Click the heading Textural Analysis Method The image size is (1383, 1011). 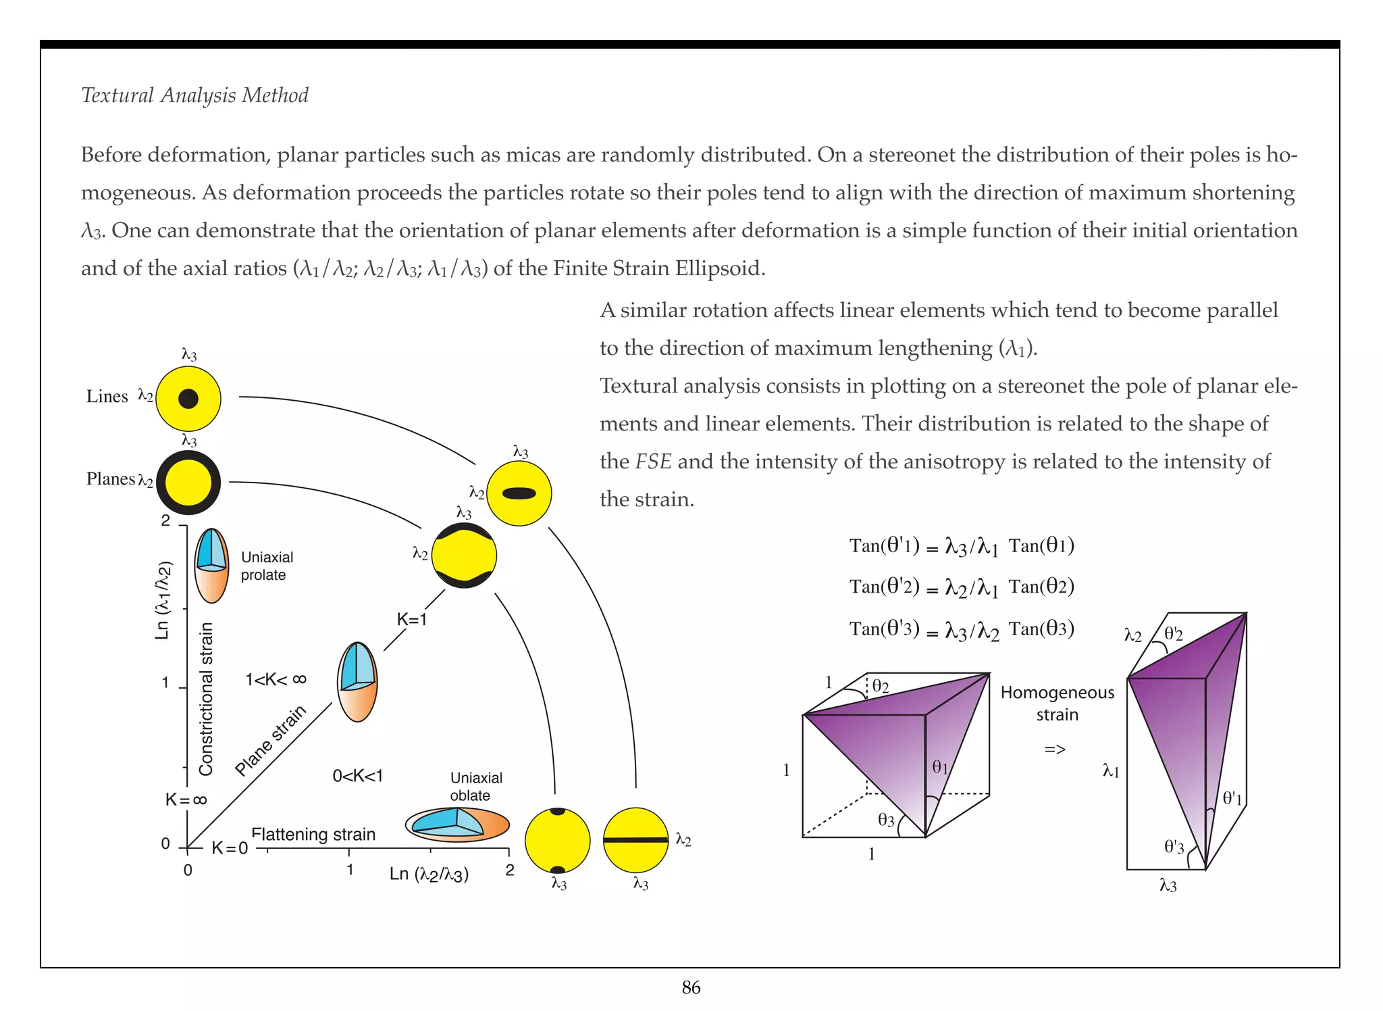(194, 95)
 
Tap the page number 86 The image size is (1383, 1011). (691, 988)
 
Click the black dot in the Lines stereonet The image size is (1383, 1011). (188, 399)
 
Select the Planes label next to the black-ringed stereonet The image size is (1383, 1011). (111, 479)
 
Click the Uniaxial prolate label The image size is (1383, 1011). (267, 566)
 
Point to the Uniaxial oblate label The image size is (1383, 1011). (475, 787)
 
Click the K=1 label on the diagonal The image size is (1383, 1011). (411, 619)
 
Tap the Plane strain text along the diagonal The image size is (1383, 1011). (270, 741)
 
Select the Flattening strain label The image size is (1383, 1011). (313, 835)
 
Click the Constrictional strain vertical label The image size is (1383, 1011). (206, 699)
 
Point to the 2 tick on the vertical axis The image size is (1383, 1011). (165, 521)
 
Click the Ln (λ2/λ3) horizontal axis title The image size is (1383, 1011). (429, 874)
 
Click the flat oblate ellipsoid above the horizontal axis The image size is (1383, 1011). (457, 824)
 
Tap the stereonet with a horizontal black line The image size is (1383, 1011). (635, 840)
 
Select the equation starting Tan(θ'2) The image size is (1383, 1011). (961, 587)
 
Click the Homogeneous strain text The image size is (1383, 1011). (1057, 704)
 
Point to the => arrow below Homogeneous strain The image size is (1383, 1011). (1055, 749)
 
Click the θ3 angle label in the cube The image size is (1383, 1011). (886, 820)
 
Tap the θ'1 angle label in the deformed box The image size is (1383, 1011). (1232, 798)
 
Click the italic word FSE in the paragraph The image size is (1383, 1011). (653, 462)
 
